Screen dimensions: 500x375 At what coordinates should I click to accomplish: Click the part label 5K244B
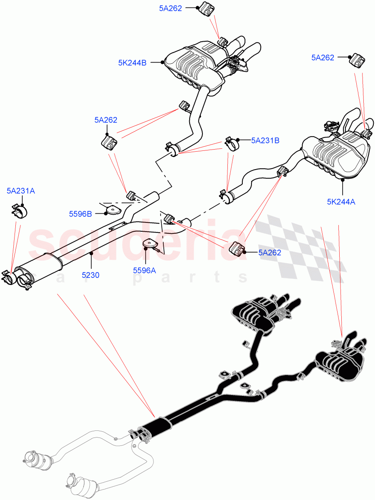tap(132, 63)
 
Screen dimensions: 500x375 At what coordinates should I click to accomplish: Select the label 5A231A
tap(21, 191)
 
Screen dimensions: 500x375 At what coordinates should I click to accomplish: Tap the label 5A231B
tap(265, 141)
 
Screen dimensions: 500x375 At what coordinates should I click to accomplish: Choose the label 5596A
tap(144, 270)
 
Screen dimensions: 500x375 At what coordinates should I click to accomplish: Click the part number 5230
tap(91, 275)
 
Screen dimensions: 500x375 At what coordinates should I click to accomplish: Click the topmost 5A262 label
tap(170, 8)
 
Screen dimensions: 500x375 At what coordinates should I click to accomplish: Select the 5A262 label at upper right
tap(323, 58)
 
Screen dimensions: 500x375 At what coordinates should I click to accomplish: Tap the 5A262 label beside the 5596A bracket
tap(269, 252)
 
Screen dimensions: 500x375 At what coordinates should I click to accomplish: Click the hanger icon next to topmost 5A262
tap(205, 9)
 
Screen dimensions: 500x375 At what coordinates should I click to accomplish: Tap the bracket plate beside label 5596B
tap(111, 209)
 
